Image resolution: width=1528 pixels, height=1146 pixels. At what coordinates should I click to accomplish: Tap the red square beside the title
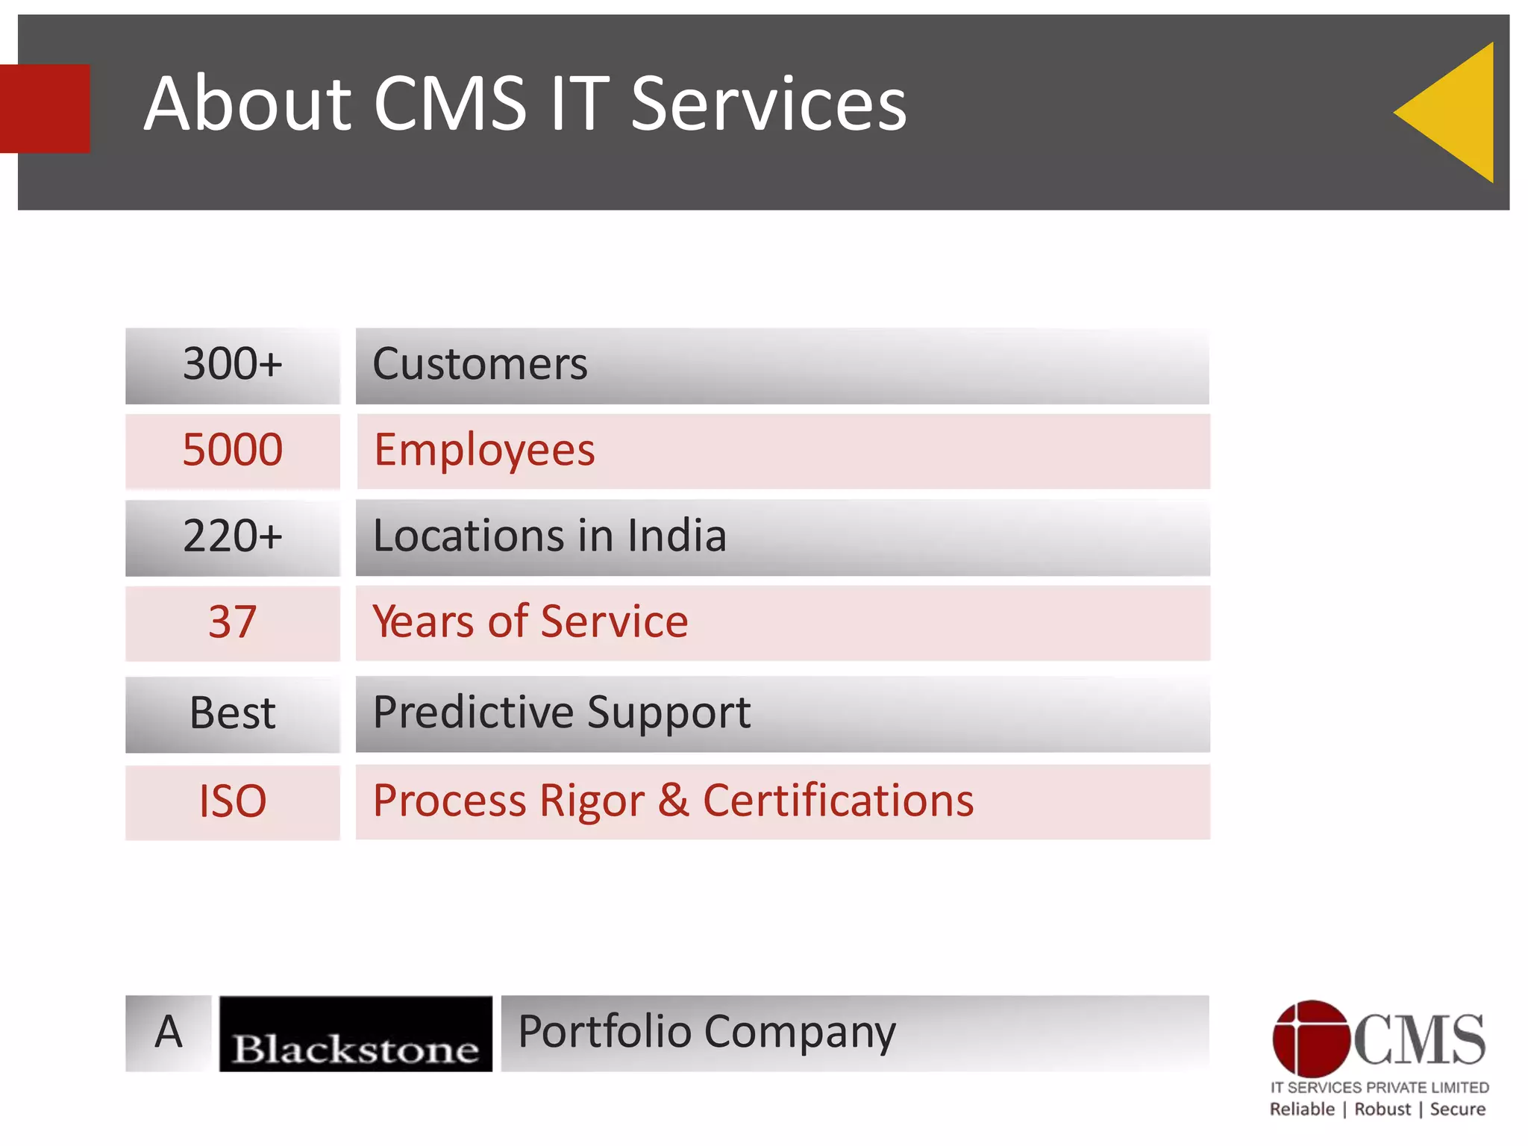click(x=45, y=108)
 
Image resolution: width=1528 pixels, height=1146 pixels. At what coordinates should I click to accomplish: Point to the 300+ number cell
click(x=233, y=365)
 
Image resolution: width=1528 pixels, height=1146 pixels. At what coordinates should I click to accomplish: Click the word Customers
click(x=480, y=365)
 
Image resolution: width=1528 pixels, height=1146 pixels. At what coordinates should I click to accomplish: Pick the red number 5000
click(x=233, y=451)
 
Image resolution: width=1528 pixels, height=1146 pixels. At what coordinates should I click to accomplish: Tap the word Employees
click(x=484, y=451)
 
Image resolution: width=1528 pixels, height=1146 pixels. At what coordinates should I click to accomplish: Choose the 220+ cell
click(x=233, y=536)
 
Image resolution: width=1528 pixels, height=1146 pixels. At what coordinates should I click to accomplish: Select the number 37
click(x=233, y=622)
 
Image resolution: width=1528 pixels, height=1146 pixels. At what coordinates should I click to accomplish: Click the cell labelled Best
click(x=233, y=713)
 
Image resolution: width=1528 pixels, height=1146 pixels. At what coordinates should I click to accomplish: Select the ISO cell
click(x=233, y=802)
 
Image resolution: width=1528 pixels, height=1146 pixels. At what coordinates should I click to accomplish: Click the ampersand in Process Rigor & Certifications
click(x=673, y=801)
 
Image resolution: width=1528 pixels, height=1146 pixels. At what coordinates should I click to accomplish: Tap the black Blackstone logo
click(x=355, y=1034)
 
